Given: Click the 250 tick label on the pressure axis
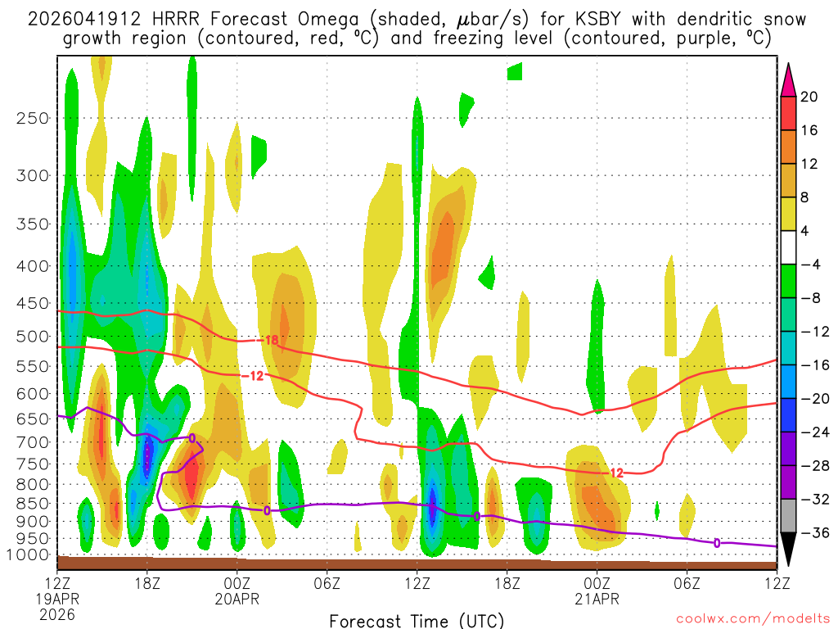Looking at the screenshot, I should tap(33, 118).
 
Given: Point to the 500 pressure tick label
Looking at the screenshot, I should tap(33, 337).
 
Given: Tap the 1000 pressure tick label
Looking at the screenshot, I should tap(29, 555).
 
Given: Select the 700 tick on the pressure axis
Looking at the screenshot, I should tap(33, 442).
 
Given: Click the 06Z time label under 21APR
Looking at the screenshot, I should tap(687, 583).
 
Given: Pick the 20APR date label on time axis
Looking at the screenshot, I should tap(237, 599).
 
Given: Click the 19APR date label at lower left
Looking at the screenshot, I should tap(56, 599).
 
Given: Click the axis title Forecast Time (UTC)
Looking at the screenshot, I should tap(417, 620).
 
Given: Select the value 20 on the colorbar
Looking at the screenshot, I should tap(809, 97).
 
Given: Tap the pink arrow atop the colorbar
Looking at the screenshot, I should tap(788, 80).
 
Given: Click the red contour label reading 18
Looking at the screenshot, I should tap(272, 340).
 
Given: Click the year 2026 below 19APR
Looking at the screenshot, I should tap(56, 613).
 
